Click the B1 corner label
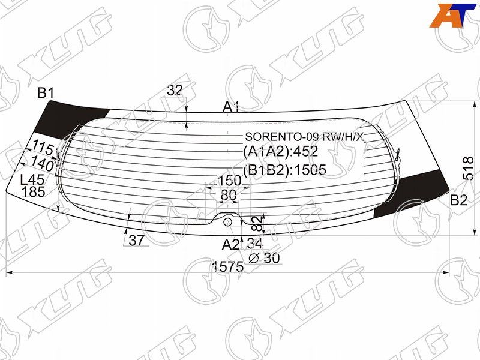click(x=46, y=93)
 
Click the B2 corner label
click(x=459, y=200)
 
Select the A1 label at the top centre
click(x=231, y=107)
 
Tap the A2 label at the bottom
click(x=230, y=245)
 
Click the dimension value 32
click(x=175, y=91)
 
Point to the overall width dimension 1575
click(x=228, y=266)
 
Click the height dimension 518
click(x=469, y=169)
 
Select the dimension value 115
click(x=43, y=148)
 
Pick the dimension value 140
click(x=42, y=163)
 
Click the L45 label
click(x=32, y=179)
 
